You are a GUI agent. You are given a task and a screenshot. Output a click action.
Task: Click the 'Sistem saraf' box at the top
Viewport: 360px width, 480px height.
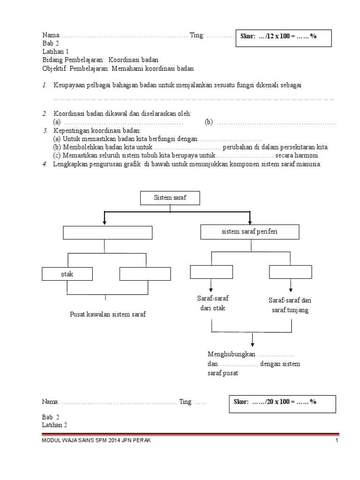tap(170, 198)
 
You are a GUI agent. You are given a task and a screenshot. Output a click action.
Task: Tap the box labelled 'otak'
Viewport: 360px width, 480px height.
tap(67, 274)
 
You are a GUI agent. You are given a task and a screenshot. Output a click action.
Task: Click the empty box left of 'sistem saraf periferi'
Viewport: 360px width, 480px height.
tap(108, 232)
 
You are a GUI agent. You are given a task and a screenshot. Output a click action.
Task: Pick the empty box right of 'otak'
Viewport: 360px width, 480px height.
tap(145, 274)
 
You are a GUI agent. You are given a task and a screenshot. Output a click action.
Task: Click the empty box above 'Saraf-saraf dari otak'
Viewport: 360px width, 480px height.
tap(211, 272)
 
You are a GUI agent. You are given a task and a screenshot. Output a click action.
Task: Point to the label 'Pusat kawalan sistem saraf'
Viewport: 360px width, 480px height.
tap(108, 314)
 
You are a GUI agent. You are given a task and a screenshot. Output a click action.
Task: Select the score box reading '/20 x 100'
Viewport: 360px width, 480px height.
tap(282, 404)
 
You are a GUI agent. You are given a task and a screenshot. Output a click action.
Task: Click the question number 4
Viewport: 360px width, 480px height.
tap(44, 164)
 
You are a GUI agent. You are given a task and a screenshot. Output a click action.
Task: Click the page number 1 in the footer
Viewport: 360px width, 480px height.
tap(337, 441)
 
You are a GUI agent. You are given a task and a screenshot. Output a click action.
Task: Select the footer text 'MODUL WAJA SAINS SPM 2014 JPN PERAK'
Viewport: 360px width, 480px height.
tap(97, 441)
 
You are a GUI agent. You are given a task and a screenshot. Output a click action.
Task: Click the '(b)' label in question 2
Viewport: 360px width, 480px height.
tap(209, 122)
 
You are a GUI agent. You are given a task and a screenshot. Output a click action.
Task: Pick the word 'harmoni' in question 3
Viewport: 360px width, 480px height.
tap(307, 155)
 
